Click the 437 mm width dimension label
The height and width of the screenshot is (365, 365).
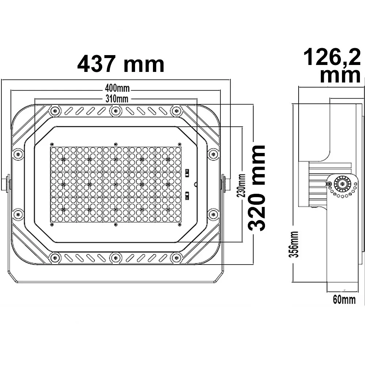pos(121,64)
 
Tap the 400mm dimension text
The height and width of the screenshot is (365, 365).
pos(117,88)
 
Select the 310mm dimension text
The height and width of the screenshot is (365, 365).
pos(117,99)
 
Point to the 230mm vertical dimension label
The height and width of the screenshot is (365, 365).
pos(241,185)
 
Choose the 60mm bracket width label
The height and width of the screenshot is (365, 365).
pos(344,300)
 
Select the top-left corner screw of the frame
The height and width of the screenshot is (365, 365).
pos(55,111)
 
